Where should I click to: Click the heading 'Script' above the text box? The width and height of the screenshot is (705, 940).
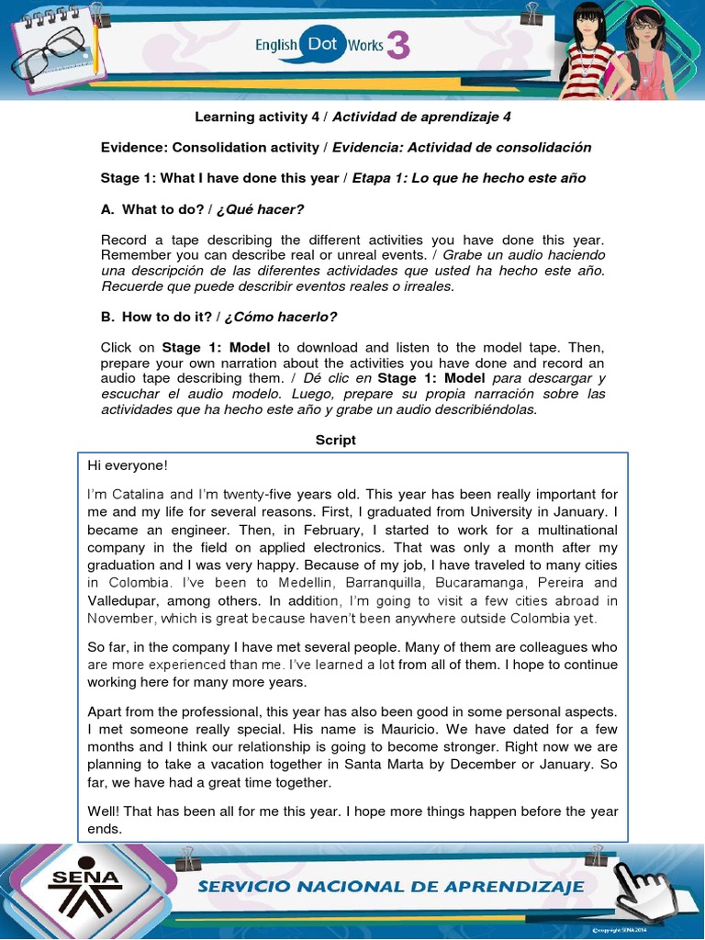click(x=335, y=441)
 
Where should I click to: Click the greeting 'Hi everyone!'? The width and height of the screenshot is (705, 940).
click(x=128, y=465)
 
